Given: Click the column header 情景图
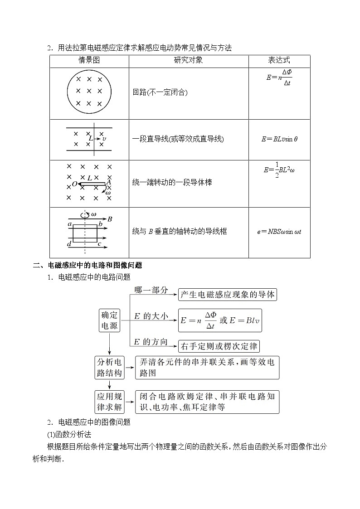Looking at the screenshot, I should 89,61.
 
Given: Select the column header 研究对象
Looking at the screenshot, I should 188,61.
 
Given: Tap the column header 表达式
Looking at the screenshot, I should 279,61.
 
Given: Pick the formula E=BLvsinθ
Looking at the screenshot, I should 279,139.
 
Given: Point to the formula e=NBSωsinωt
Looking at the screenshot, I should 279,232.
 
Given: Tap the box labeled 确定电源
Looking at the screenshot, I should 109,320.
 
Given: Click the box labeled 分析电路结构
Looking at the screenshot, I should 109,368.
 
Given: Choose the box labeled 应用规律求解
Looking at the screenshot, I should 109,401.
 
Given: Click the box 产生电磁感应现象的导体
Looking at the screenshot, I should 227,295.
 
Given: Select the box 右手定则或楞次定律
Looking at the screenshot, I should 219,347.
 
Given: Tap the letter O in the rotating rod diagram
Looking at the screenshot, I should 74,184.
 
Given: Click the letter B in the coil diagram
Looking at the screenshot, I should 110,219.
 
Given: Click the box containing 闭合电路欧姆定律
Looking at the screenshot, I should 207,401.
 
